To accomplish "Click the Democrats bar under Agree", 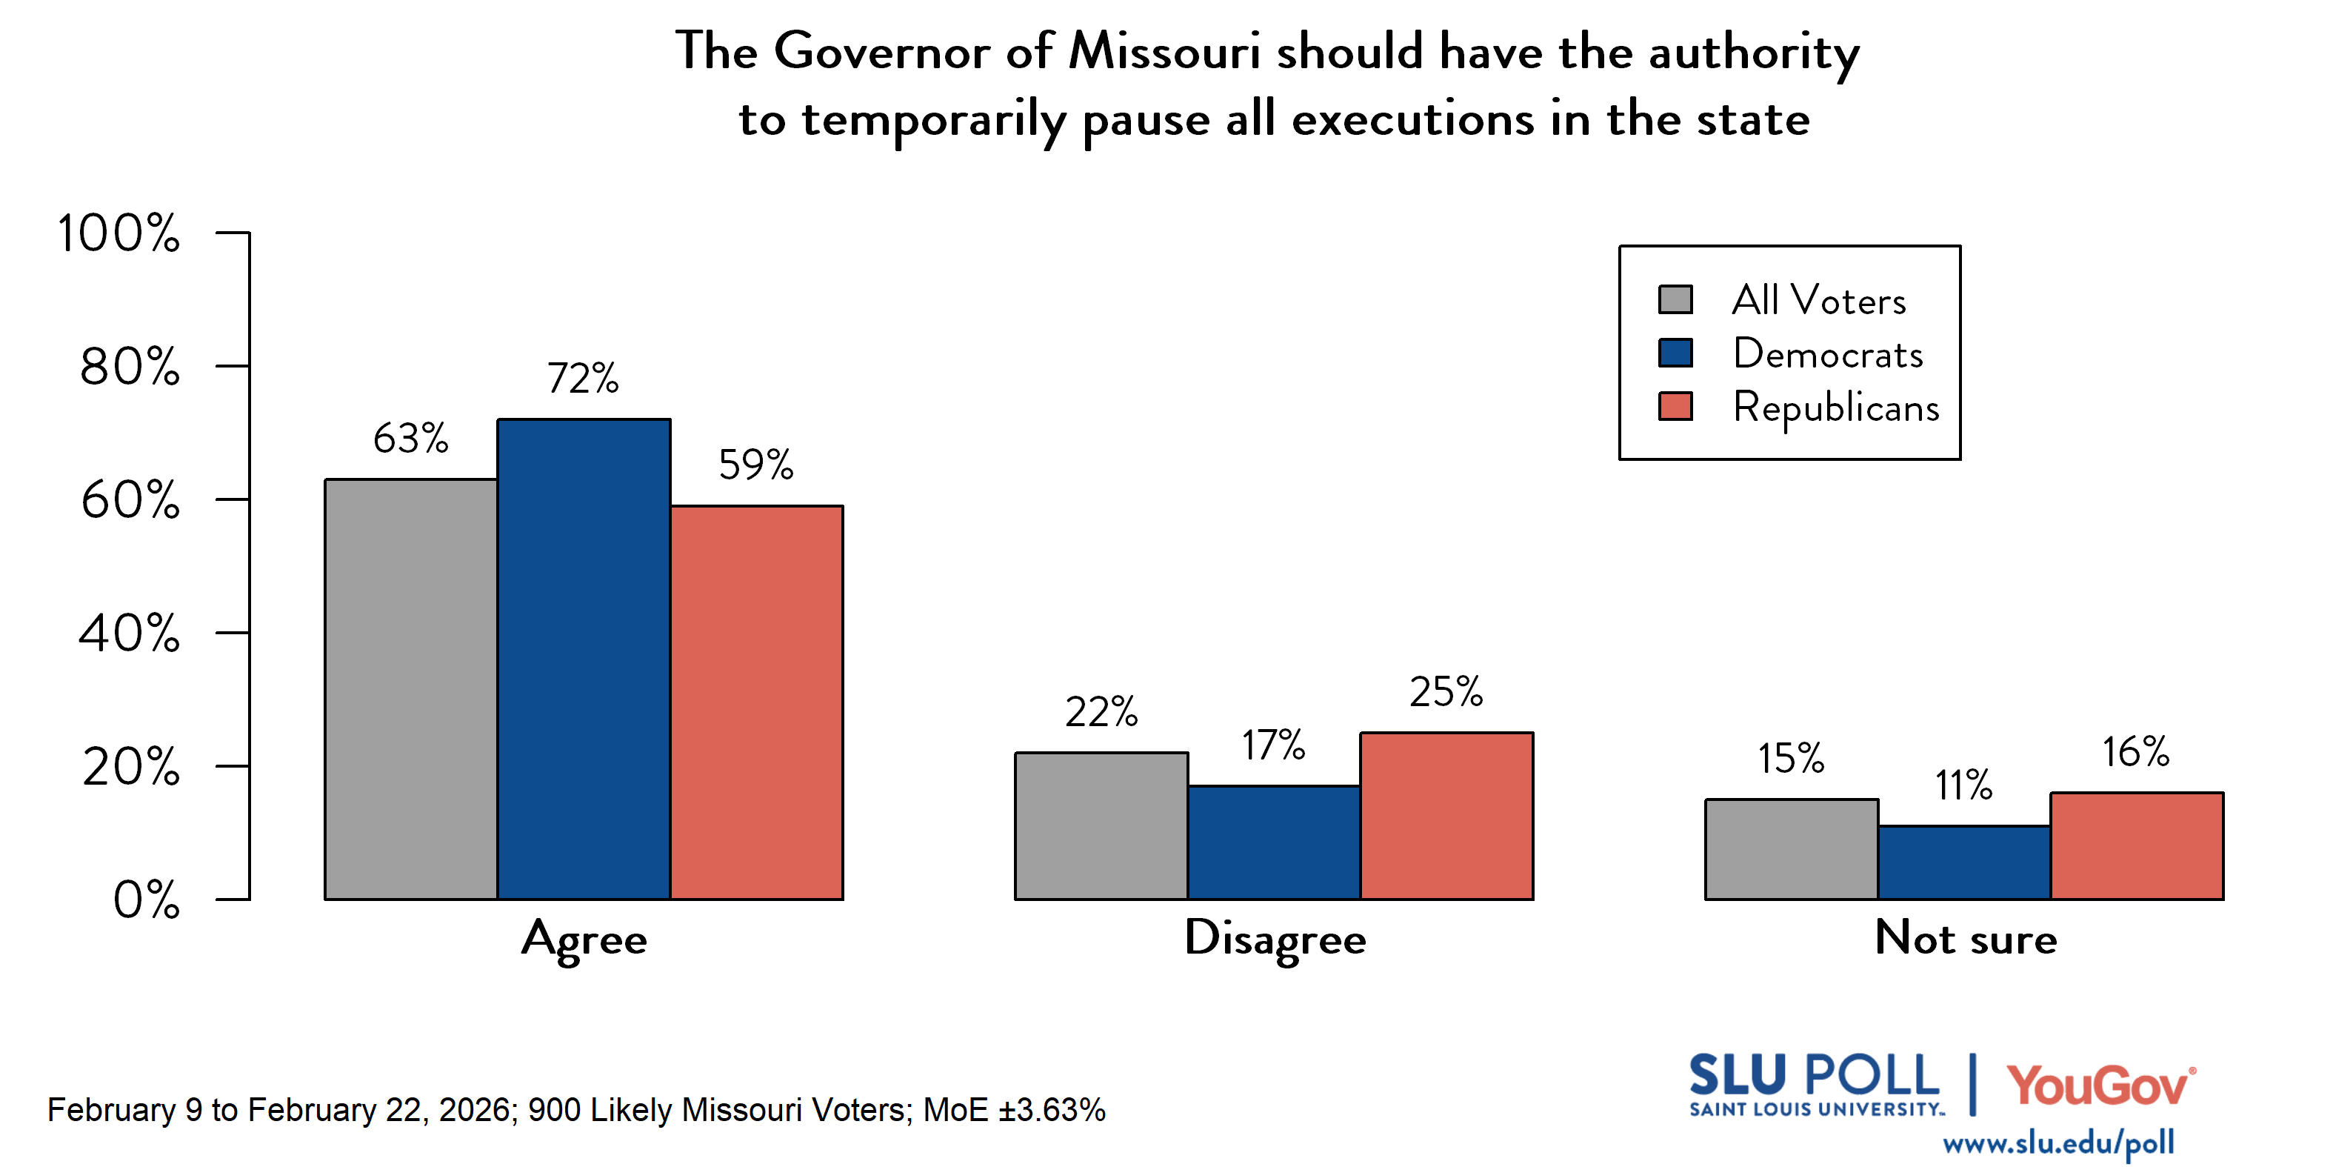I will pos(584,659).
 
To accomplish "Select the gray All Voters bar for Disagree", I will pos(1101,825).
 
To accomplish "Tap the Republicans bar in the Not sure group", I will pos(2137,845).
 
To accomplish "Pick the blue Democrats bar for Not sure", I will pos(1963,862).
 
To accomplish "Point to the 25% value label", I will pos(1446,691).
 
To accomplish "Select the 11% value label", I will pos(1963,785).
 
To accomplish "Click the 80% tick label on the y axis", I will pos(130,367).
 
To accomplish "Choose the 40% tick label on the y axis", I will pos(129,634).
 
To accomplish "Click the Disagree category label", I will pos(1275,939).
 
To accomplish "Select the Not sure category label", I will pos(1966,938).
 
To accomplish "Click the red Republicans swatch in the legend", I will pos(1675,406).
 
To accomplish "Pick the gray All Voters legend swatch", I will pos(1675,299).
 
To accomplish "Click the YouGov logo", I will pos(2100,1085).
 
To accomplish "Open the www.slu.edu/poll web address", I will pos(2057,1143).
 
